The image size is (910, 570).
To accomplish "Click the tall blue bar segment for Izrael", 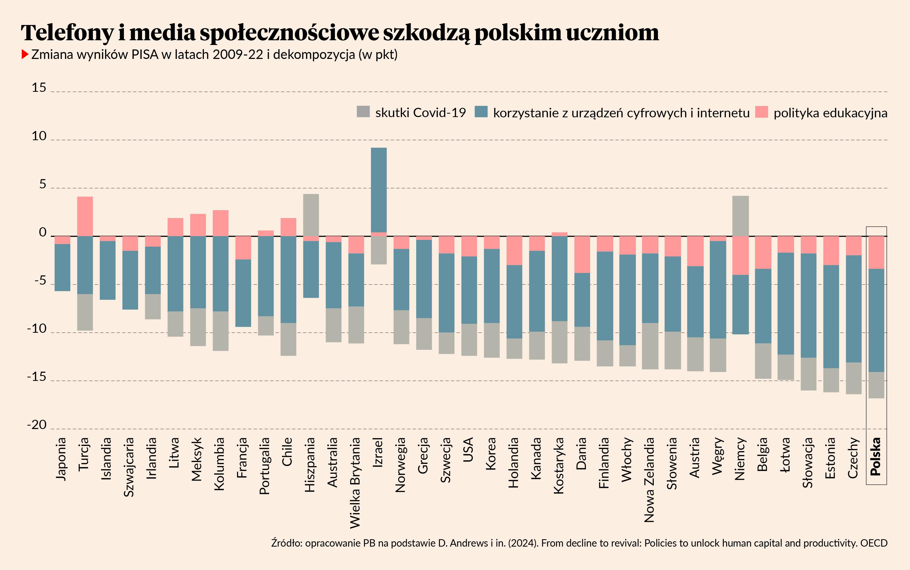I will [379, 190].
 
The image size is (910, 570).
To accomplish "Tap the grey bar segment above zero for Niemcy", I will [740, 216].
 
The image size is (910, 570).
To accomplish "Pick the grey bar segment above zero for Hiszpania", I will [311, 215].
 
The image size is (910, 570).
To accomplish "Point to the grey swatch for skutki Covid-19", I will [363, 112].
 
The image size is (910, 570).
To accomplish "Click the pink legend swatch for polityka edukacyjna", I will [761, 112].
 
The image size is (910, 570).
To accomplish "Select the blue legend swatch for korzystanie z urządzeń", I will [481, 112].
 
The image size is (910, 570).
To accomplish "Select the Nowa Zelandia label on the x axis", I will [649, 480].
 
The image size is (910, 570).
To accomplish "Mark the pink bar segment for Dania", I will [582, 254].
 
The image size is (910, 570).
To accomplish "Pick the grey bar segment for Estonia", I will [831, 380].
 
